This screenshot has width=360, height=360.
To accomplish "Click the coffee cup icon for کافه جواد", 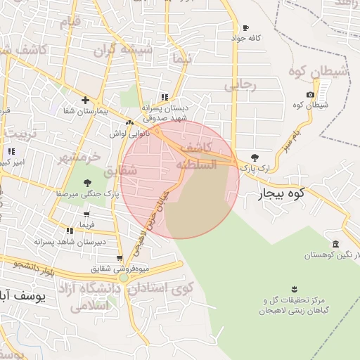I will (x=245, y=28).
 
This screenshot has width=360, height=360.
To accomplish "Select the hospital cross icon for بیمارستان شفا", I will (x=85, y=100).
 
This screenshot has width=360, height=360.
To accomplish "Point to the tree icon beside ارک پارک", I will (x=254, y=157).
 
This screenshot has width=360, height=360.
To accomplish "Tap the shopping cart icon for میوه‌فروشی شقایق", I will (x=120, y=258).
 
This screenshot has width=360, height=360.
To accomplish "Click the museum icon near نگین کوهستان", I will (x=335, y=244).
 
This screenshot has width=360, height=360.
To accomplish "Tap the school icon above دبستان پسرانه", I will (x=164, y=97).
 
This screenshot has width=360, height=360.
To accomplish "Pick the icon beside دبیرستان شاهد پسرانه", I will (x=70, y=231).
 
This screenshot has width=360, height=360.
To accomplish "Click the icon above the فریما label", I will (x=86, y=214).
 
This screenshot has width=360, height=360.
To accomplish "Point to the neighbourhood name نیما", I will (x=180, y=60).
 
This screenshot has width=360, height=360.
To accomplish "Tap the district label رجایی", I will (x=241, y=85).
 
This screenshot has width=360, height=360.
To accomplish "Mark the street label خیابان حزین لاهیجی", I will (x=156, y=212).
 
